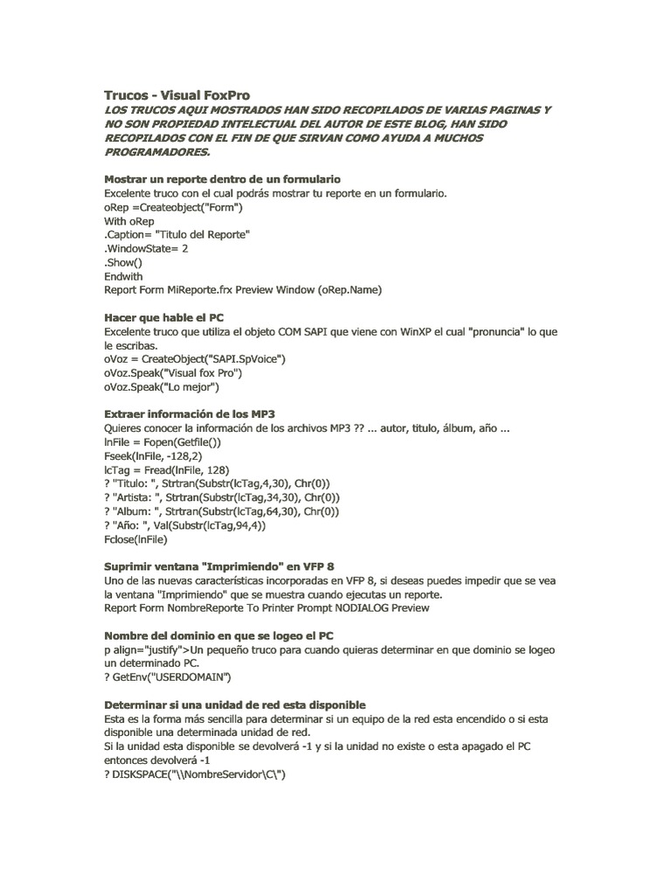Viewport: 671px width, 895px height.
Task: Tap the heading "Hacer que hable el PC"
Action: (x=164, y=318)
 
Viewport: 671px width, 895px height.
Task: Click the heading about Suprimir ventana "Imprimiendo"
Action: (x=219, y=566)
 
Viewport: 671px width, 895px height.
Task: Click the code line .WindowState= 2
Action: (x=146, y=248)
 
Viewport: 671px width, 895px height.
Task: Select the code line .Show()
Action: (x=122, y=262)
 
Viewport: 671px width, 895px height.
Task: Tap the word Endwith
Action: (x=123, y=276)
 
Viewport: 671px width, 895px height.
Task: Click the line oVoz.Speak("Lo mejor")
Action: (x=162, y=386)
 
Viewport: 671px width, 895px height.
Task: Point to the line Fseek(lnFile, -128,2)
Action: (x=153, y=456)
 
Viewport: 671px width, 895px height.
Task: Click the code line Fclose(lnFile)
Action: (x=135, y=540)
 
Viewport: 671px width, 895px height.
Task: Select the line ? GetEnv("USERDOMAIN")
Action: (x=168, y=677)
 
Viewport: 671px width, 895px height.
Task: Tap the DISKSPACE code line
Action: (x=195, y=774)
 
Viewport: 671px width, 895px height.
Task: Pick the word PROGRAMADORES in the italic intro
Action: (x=158, y=152)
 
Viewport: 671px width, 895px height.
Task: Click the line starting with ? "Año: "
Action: (x=184, y=526)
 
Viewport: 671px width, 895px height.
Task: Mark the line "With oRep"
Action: (x=129, y=220)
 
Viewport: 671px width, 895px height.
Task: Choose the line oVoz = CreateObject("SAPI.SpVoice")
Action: (x=195, y=358)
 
